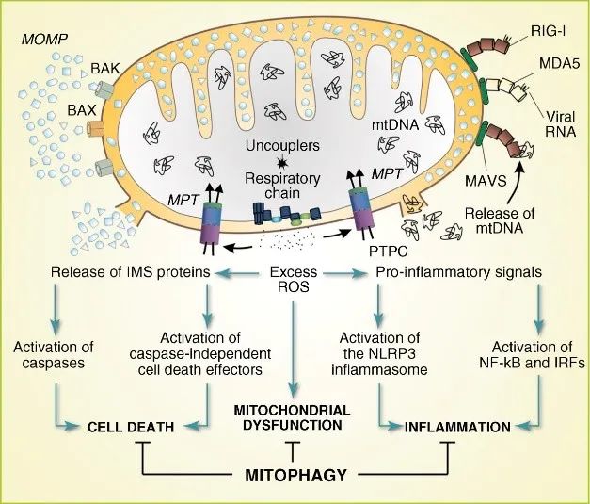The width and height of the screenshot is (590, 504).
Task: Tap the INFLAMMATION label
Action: coord(457,427)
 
